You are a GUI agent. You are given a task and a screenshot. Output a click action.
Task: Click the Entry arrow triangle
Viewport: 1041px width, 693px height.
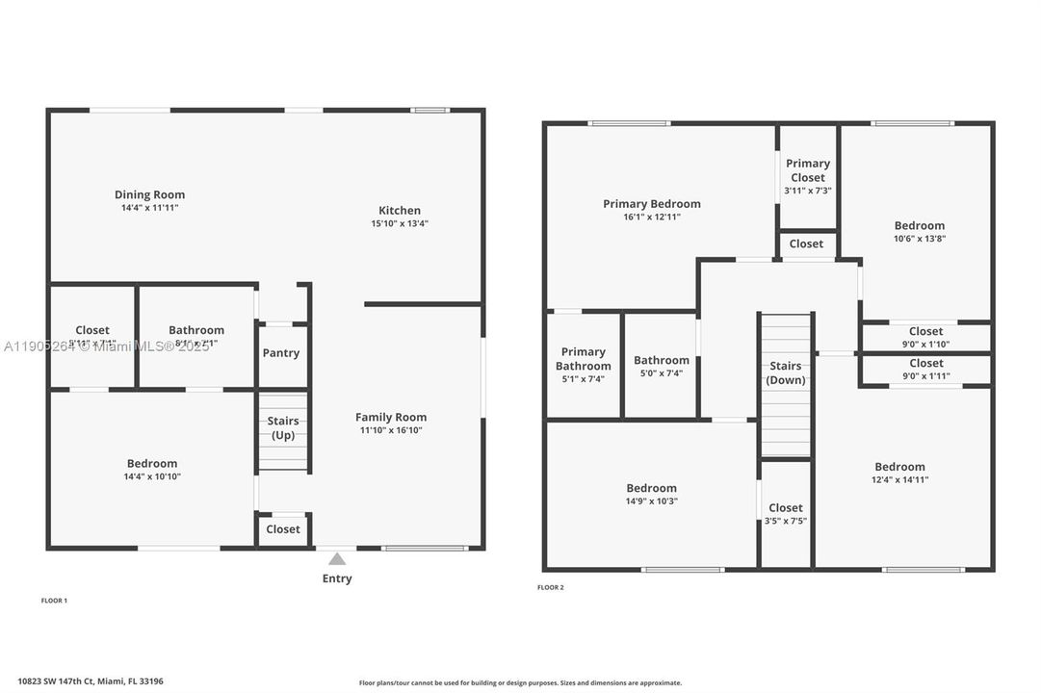click(337, 558)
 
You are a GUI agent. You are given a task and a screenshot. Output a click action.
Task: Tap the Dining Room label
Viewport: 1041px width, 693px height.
click(149, 194)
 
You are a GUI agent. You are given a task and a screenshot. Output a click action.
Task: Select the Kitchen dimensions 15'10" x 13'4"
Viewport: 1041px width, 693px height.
click(399, 223)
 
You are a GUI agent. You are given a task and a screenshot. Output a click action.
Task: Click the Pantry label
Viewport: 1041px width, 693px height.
click(281, 353)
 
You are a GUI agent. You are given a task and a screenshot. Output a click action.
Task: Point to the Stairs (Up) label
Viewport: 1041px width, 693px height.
click(283, 428)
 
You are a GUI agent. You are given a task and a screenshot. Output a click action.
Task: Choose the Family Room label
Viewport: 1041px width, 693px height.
click(391, 417)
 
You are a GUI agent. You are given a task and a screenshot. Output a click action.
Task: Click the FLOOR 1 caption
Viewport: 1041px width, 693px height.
click(54, 601)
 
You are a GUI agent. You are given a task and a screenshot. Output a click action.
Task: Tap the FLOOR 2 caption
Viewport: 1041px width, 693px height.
click(550, 587)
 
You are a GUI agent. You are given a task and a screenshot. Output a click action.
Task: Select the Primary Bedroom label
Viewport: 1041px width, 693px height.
click(652, 204)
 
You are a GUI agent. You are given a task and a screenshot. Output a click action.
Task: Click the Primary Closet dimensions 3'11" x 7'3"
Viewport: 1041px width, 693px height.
click(807, 191)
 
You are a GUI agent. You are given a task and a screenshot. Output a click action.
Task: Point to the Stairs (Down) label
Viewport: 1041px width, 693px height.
click(786, 373)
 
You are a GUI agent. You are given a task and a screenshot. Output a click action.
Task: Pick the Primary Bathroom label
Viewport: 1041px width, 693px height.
click(584, 359)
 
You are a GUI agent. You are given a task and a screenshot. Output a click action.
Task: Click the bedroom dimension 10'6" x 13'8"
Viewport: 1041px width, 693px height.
click(919, 239)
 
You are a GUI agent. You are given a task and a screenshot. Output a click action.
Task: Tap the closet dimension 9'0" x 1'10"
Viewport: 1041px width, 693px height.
click(925, 345)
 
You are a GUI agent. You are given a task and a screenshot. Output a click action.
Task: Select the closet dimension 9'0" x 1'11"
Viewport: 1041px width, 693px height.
click(925, 376)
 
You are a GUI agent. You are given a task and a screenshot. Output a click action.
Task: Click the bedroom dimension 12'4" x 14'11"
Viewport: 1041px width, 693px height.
click(899, 479)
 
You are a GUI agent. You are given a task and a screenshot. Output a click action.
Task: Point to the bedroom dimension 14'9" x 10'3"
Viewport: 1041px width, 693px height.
click(651, 500)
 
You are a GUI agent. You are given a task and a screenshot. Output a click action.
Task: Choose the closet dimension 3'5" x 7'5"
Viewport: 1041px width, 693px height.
click(785, 521)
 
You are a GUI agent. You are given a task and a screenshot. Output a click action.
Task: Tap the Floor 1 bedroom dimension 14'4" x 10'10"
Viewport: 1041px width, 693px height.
click(151, 476)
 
